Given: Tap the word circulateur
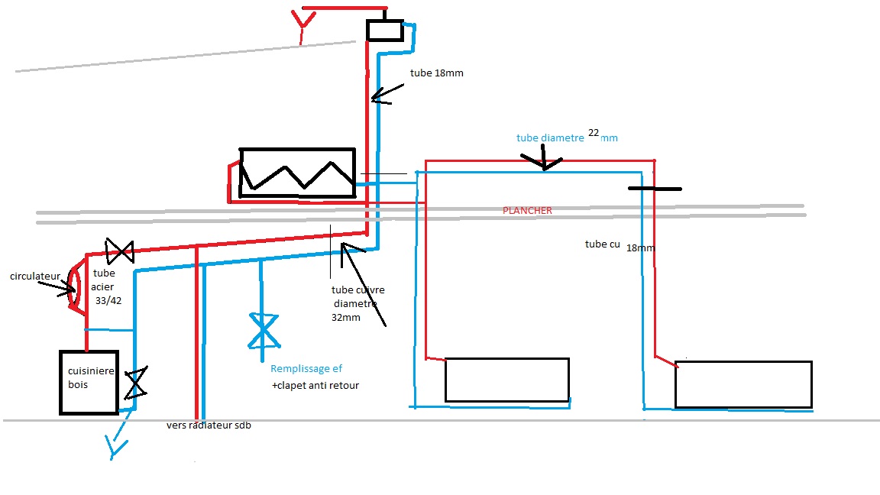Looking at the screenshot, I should tap(35, 276).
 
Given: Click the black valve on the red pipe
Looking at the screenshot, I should tap(119, 250).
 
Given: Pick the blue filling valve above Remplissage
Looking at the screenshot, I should tap(263, 331).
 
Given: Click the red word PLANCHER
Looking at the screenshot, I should tap(527, 210).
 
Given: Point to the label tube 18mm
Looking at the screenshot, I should tap(437, 73).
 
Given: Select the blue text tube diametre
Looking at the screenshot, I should tap(549, 138).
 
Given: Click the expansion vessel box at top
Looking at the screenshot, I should tap(384, 30).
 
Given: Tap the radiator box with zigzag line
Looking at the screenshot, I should tap(297, 173).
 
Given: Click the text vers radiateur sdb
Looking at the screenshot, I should tap(209, 425).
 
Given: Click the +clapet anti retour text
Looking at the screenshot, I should tap(315, 386).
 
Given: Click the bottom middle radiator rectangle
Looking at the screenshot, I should tap(507, 380).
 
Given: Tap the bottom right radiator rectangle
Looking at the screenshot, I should tap(743, 384).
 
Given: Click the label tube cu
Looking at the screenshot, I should tap(603, 244).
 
